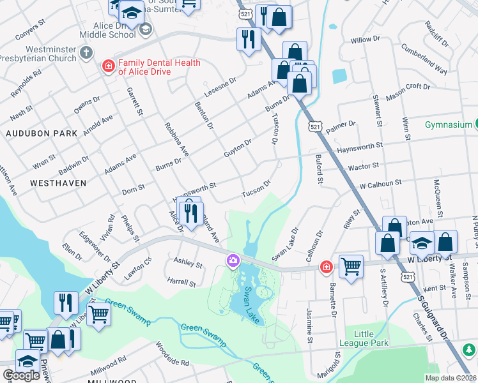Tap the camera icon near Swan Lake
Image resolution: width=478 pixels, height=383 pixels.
[233, 260]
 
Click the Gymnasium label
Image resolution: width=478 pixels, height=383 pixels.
[450, 124]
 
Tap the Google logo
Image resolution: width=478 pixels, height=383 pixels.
[21, 375]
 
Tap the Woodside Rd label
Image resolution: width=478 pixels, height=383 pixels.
[173, 355]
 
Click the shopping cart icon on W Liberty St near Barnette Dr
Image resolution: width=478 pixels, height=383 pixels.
[351, 266]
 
